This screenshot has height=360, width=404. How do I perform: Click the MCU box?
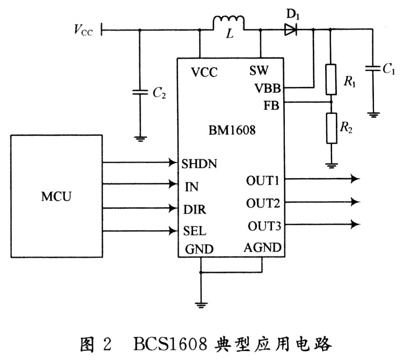(x=56, y=196)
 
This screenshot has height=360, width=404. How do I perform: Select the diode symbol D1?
(x=291, y=30)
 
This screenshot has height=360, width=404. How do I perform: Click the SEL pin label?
(x=195, y=231)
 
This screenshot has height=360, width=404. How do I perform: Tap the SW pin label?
(x=259, y=70)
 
